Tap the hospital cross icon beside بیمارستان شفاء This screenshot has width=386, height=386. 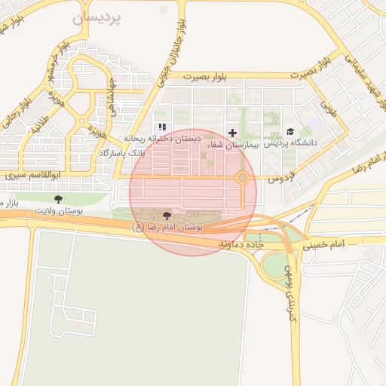[232, 132]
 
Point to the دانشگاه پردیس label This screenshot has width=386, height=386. [290, 142]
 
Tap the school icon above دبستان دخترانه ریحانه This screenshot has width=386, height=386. [161, 127]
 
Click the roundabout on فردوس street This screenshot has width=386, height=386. [243, 178]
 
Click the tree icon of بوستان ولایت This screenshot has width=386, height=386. [59, 199]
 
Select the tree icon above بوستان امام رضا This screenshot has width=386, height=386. [167, 216]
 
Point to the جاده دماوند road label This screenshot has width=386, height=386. [240, 246]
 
